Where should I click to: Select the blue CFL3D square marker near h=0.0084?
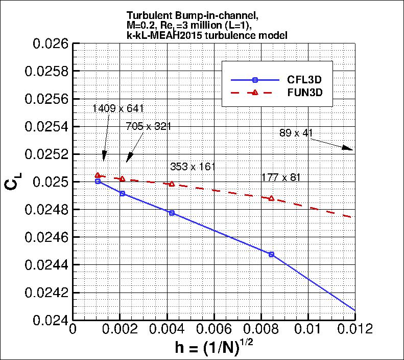[271, 254]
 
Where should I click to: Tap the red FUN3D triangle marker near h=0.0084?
[271, 198]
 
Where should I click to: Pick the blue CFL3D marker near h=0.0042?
[172, 213]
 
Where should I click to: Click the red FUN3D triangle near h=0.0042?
[172, 184]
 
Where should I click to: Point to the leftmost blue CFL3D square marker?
[98, 181]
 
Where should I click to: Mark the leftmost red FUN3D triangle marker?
[98, 175]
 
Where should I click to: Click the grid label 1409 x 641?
[118, 108]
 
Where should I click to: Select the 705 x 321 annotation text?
[148, 126]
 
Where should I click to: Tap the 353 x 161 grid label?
[193, 167]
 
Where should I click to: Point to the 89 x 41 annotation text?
[296, 133]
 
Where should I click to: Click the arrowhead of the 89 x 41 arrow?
[351, 149]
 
